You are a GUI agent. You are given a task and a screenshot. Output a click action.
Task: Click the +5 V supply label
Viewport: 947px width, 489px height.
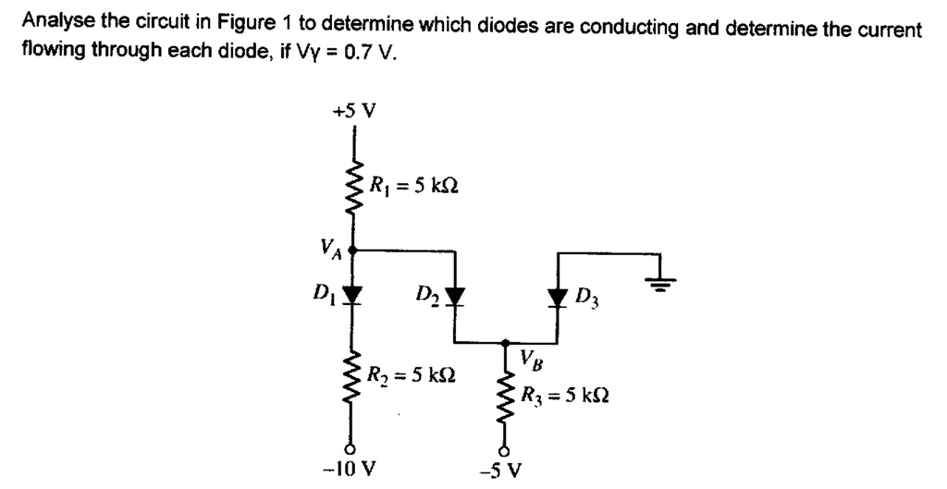354,112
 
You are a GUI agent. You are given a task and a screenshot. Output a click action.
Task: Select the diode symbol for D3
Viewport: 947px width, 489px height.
556,297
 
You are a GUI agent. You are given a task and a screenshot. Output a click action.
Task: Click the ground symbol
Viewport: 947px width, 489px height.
663,281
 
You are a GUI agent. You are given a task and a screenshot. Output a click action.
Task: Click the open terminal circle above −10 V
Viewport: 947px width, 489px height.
352,442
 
